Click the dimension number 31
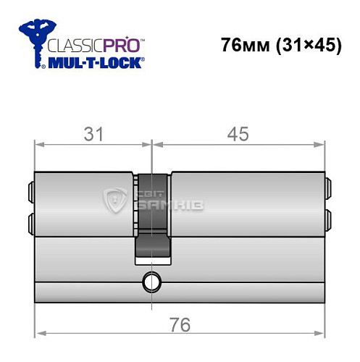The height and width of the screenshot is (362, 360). coord(93,134)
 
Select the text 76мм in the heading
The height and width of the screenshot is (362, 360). coord(243,45)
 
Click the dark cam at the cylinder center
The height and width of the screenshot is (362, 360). coord(152,214)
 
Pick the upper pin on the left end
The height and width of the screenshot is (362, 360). coord(30,192)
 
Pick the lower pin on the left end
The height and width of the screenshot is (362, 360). coord(30,219)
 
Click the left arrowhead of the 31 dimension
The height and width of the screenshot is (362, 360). coord(39,144)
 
